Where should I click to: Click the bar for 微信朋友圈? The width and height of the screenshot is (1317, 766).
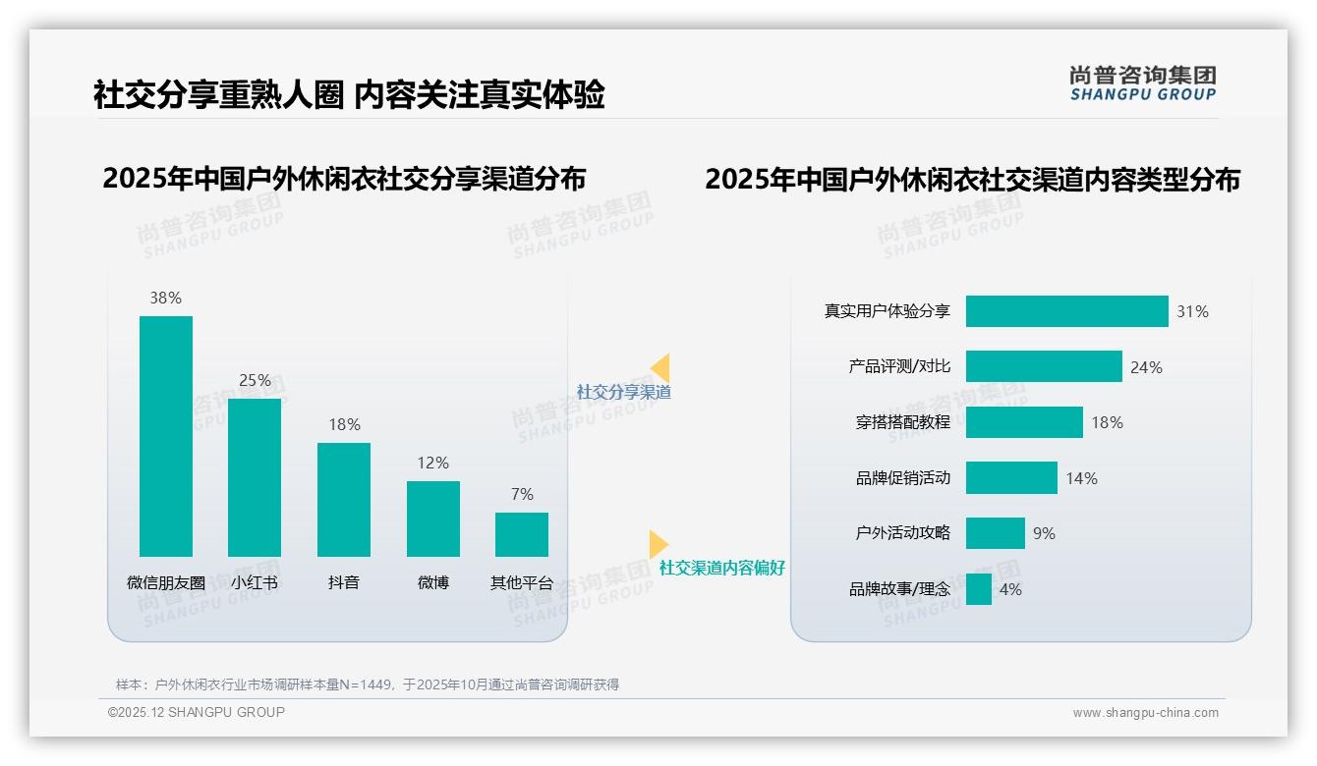pos(166,436)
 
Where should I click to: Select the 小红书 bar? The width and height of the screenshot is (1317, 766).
pos(255,477)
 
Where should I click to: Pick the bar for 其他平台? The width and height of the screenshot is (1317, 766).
pos(522,534)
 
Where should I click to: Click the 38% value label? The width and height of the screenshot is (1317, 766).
pos(165,298)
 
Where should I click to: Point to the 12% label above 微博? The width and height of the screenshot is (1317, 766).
pos(432,463)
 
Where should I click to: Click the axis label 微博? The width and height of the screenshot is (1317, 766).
pos(432,582)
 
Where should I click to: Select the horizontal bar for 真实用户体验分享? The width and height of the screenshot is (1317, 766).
pos(1066,311)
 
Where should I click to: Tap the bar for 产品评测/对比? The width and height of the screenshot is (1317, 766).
pos(1044,366)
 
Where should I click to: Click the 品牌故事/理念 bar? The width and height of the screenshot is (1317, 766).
pos(979,589)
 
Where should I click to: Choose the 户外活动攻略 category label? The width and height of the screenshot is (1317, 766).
pos(903,533)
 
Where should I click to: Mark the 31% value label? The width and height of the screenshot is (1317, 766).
pos(1193,312)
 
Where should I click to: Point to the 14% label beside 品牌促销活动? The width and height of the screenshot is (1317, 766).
pos(1082,478)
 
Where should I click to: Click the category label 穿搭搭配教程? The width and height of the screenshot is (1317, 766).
pos(903,422)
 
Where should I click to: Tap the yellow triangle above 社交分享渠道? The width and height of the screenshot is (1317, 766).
pos(660,367)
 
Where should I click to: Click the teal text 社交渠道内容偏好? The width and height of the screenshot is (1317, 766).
pos(722,568)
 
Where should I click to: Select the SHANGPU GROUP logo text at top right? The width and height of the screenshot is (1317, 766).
pos(1143,94)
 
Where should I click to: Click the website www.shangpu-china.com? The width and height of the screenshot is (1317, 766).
pos(1145,713)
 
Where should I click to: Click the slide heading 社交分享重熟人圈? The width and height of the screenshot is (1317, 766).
pos(218,94)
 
